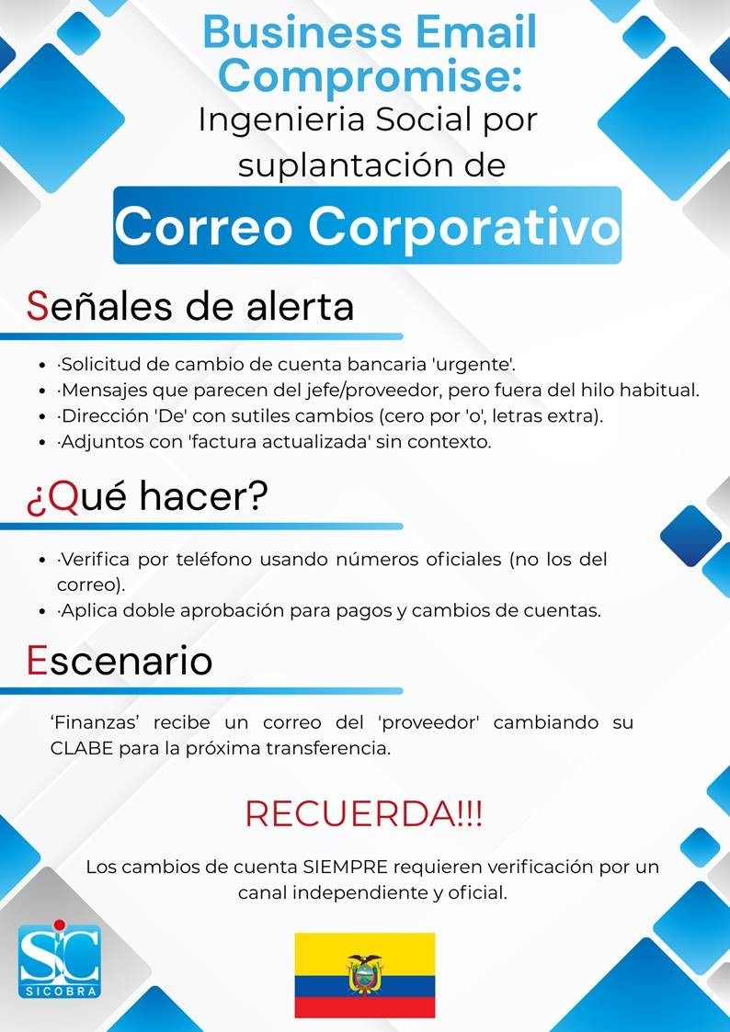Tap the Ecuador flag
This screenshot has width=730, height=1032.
tap(364, 974)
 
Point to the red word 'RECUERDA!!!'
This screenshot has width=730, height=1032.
tap(363, 814)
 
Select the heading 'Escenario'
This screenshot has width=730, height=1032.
tap(120, 662)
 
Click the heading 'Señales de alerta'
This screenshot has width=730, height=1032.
tap(190, 307)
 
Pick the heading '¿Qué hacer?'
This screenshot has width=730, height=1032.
tap(147, 497)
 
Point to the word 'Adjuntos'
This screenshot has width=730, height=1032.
tap(95, 442)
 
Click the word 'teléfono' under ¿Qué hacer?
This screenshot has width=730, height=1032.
tap(215, 560)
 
